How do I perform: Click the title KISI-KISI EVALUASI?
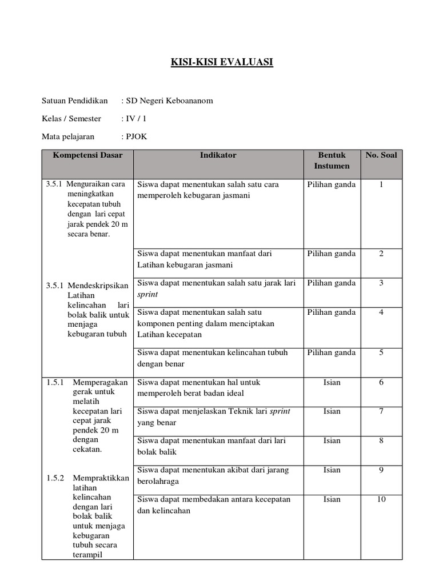pos(222,62)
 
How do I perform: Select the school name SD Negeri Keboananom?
pos(169,101)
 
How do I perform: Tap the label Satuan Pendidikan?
pos(75,101)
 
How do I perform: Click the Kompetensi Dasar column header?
pos(87,155)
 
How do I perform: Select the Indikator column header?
pos(218,155)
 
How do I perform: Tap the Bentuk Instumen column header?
pos(332,160)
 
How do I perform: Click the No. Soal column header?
pos(381,155)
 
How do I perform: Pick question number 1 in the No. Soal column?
pos(381,185)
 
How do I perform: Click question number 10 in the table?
pos(381,499)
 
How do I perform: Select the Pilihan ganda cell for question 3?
pos(332,283)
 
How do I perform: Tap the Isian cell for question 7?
pos(332,411)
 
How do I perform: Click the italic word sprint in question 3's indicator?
pos(147,294)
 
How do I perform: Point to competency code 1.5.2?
pos(55,478)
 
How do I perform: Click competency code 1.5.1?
pos(55,382)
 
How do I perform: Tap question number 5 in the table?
pos(381,352)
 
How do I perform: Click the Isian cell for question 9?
pos(332,470)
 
